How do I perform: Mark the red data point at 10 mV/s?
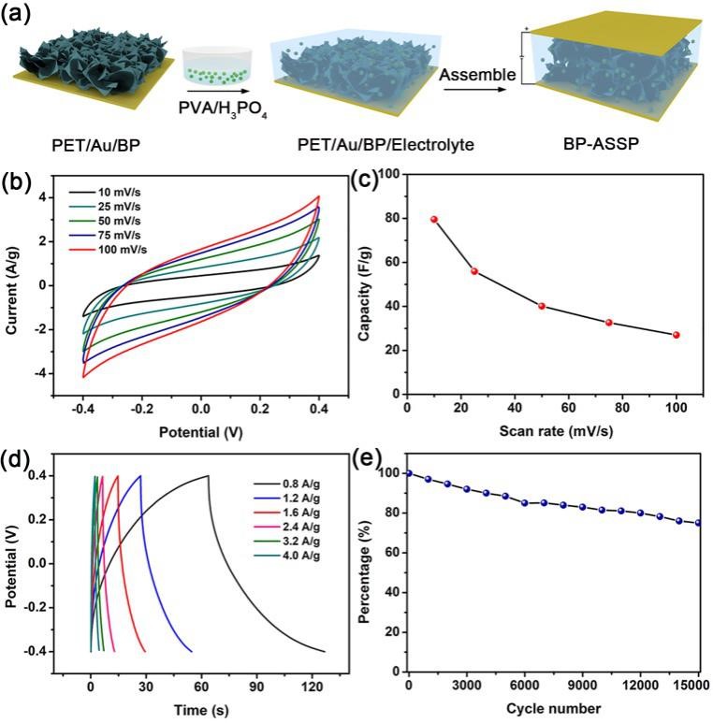(434, 219)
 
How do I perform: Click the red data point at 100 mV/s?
(676, 335)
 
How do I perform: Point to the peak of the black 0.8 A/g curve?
(208, 476)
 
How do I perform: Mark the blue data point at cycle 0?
(408, 473)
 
